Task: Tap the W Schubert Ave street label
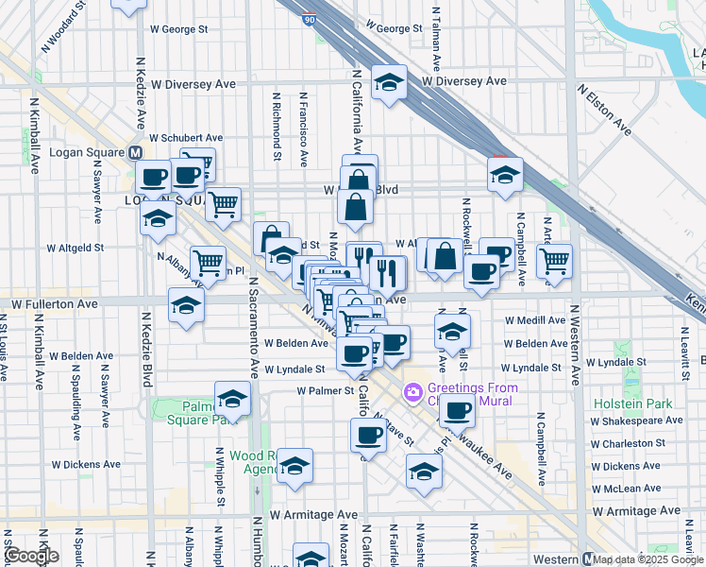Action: point(185,138)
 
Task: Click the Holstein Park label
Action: point(633,404)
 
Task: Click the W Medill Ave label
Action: point(534,321)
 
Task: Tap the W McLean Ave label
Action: point(632,489)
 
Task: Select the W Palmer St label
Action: point(324,390)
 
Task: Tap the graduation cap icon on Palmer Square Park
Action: point(231,398)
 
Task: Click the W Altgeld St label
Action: point(75,249)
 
